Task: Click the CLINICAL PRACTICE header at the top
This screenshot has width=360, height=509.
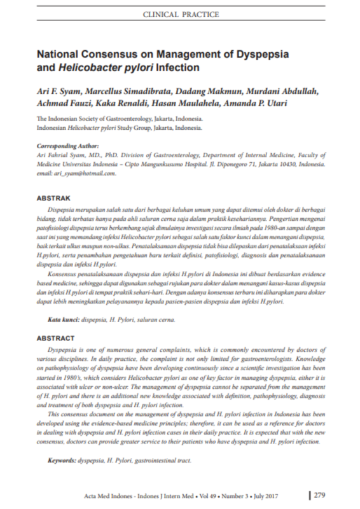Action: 181,14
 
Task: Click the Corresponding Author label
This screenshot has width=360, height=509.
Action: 66,146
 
